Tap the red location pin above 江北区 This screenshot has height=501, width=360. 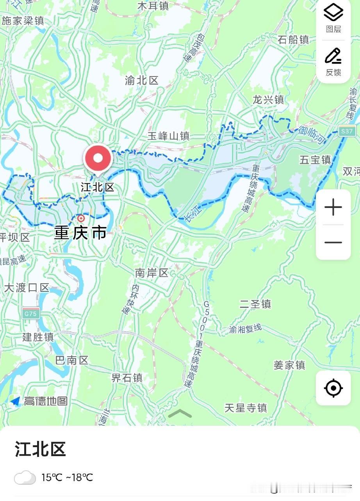click(98, 158)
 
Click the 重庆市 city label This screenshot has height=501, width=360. click(80, 233)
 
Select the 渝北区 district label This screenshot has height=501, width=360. click(142, 81)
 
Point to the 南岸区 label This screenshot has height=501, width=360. click(152, 273)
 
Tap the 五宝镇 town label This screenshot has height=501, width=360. click(315, 160)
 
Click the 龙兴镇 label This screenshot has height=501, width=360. click(268, 99)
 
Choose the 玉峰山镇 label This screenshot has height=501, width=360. click(168, 136)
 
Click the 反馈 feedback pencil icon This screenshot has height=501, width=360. click(333, 57)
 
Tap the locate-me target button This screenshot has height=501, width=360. click(333, 388)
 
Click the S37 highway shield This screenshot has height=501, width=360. click(347, 131)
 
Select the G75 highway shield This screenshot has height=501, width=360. click(31, 313)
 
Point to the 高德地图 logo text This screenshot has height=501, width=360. click(46, 401)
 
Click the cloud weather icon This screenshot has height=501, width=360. click(25, 477)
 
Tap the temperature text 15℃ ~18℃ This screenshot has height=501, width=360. click(67, 478)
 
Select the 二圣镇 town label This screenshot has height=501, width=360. click(255, 304)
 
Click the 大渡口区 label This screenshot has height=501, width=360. click(27, 288)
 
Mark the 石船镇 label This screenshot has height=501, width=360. click(293, 39)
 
